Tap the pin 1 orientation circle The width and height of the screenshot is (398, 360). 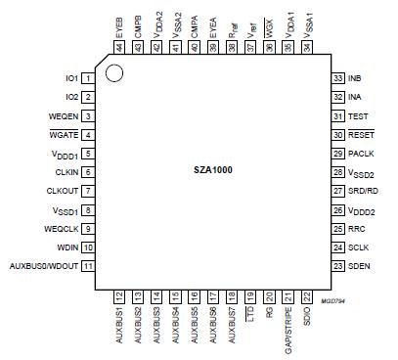pyautogui.click(x=114, y=72)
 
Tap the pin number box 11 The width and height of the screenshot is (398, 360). pyautogui.click(x=88, y=266)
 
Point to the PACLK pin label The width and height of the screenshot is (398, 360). pyautogui.click(x=360, y=153)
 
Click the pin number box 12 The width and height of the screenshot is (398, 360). pyautogui.click(x=120, y=294)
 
